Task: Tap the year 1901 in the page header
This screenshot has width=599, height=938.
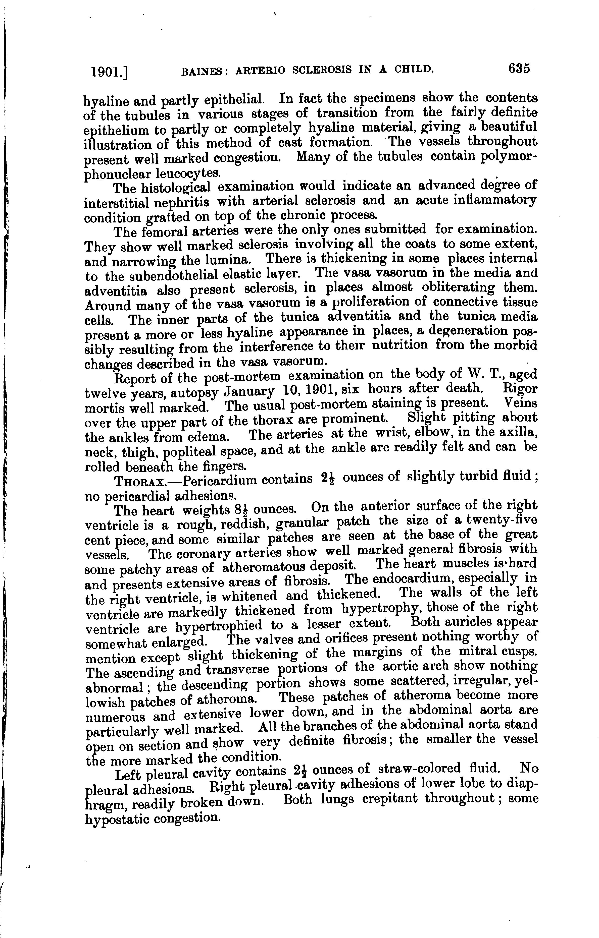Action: click(107, 72)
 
